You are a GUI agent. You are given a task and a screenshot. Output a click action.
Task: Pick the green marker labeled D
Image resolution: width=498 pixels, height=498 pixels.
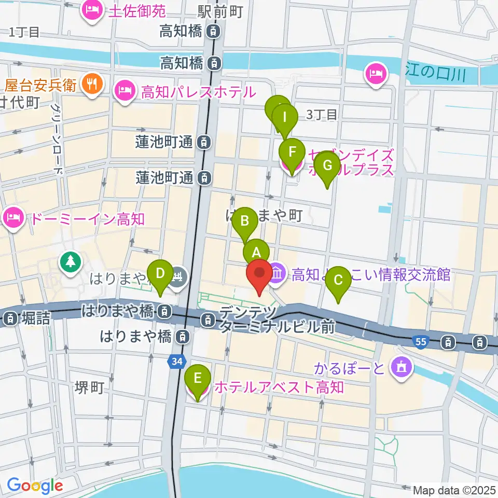click(161, 273)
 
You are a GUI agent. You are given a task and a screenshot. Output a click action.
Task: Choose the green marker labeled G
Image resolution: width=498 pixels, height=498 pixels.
click(327, 165)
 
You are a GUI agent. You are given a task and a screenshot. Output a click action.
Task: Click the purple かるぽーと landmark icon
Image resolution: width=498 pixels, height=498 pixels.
click(401, 368)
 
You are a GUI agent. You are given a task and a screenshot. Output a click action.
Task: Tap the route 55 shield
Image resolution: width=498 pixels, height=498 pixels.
click(421, 342)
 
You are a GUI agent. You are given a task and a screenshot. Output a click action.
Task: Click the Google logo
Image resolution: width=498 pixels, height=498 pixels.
click(35, 486)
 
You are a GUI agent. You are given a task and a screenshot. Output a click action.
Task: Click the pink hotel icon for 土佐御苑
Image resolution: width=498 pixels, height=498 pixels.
click(94, 10)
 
